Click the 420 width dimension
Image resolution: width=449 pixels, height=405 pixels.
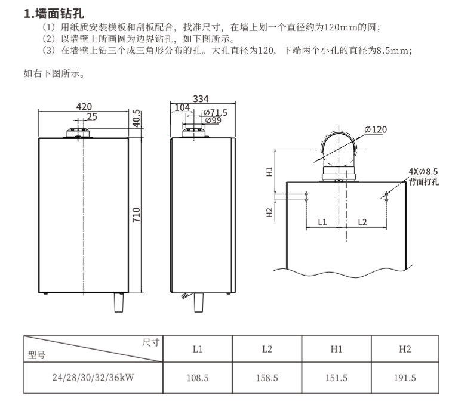[84, 106]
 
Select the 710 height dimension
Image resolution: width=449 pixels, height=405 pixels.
[136, 213]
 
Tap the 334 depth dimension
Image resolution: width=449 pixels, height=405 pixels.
[202, 99]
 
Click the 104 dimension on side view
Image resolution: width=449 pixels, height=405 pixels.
[183, 108]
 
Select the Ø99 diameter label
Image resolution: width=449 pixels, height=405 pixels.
[213, 120]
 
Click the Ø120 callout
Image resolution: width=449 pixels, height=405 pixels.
[375, 129]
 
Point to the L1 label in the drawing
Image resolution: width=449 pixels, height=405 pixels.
[322, 222]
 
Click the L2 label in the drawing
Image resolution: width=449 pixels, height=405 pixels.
[362, 222]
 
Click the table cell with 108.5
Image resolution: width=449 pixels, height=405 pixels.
[198, 378]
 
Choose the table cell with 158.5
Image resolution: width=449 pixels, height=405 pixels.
[267, 378]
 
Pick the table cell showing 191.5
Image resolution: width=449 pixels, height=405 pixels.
[405, 378]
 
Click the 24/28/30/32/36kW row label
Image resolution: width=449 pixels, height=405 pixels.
[93, 378]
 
